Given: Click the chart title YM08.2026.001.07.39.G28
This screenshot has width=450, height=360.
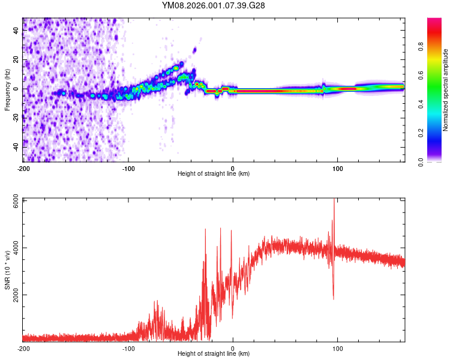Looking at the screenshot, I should coord(214,5).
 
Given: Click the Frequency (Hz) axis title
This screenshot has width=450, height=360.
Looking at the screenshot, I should coord(7,89).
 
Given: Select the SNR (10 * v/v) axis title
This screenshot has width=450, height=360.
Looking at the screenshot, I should coord(7,269).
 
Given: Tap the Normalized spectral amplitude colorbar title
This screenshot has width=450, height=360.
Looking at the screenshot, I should coord(446,90).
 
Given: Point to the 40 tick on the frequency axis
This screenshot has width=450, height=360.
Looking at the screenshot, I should coord(17,31).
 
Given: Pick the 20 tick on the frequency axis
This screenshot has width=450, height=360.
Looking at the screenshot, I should coord(17,60).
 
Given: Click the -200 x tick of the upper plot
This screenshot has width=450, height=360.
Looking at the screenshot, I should coord(23,167).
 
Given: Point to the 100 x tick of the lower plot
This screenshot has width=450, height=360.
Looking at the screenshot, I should coord(338,348).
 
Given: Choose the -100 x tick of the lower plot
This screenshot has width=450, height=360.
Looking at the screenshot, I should coord(128,348).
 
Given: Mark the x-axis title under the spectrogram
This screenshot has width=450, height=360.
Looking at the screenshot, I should coord(214,174).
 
